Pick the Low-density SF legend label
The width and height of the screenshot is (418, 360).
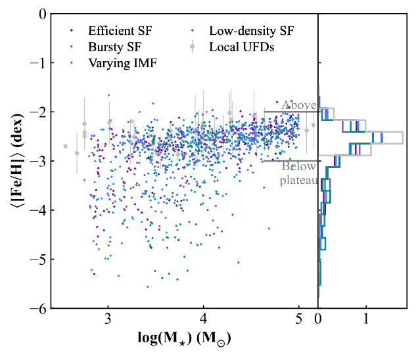tap(252, 30)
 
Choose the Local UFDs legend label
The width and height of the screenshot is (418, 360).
tap(241, 47)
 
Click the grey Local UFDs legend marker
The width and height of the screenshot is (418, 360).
tap(192, 47)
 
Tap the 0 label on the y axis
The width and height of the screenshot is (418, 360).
tap(41, 13)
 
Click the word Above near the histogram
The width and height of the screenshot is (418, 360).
tap(298, 104)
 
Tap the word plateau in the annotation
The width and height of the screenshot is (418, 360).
tap(298, 180)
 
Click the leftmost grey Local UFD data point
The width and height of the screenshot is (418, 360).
tap(65, 146)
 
